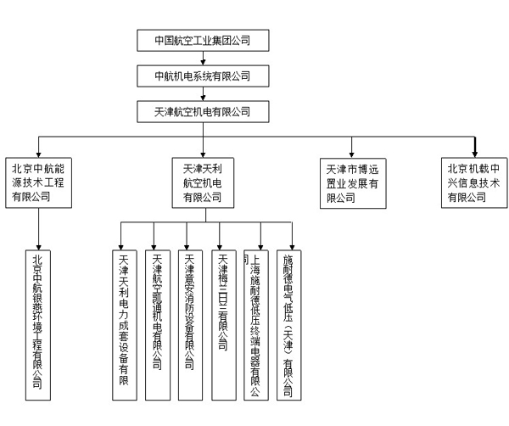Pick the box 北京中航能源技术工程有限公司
point(39,182)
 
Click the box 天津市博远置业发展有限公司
point(355,182)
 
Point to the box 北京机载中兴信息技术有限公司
point(474,182)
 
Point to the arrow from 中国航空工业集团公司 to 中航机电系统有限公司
point(202,57)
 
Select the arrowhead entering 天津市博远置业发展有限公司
point(353,152)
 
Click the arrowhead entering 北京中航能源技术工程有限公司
point(39,152)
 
